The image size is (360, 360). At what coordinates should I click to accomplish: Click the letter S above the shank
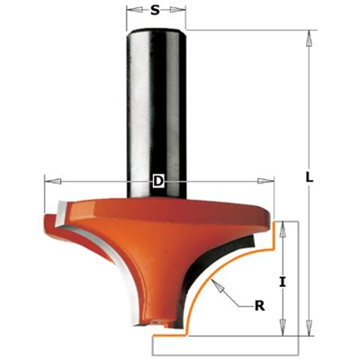tap(155, 12)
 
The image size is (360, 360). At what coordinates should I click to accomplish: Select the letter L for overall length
tap(310, 179)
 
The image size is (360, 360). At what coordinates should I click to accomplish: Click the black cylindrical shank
tap(157, 99)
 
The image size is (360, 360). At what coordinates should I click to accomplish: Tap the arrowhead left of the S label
tap(131, 12)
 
